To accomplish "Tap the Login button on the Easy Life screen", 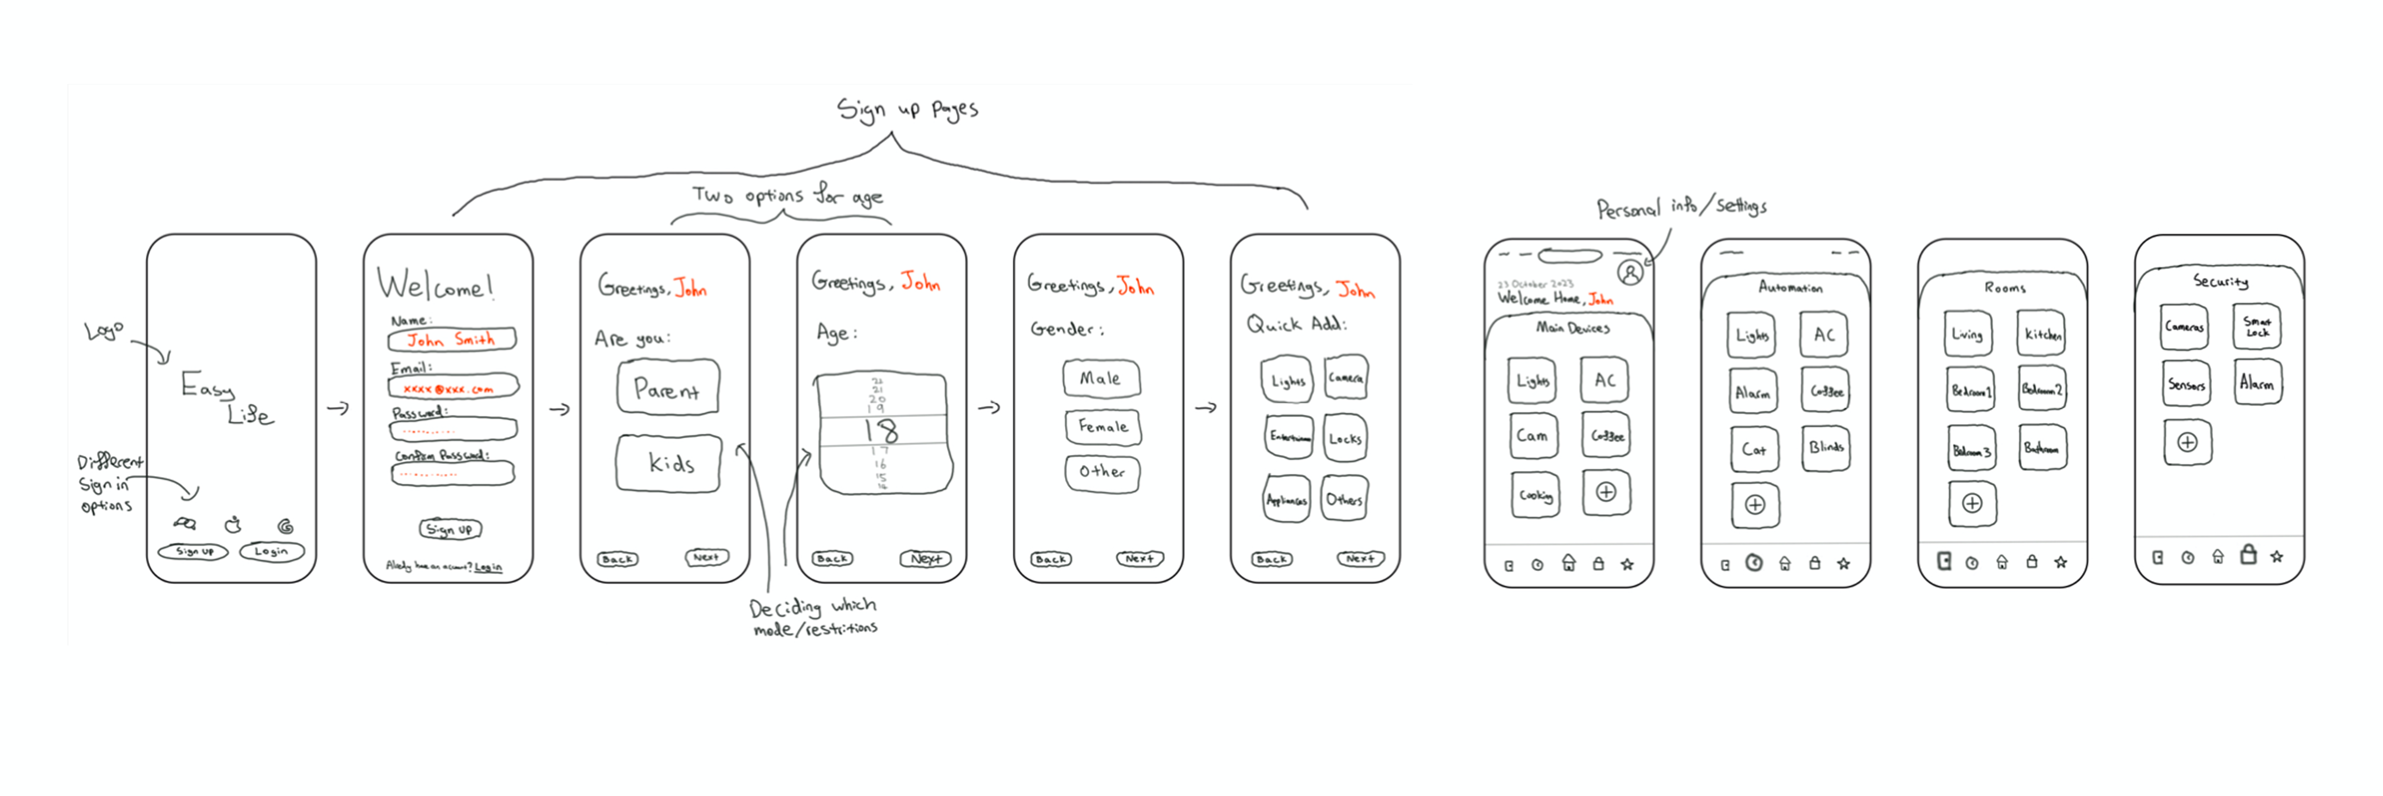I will click(x=271, y=552).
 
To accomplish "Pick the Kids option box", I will click(x=669, y=463).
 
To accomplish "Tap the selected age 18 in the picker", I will click(x=882, y=430).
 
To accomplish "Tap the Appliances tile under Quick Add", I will click(x=1287, y=500).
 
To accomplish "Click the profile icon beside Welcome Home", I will click(x=1630, y=272).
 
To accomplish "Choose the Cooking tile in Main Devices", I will click(x=1535, y=495).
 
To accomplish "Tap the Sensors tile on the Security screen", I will click(x=2186, y=384).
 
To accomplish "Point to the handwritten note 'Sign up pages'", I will click(x=907, y=109).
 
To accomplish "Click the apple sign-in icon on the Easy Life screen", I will click(x=233, y=525).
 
